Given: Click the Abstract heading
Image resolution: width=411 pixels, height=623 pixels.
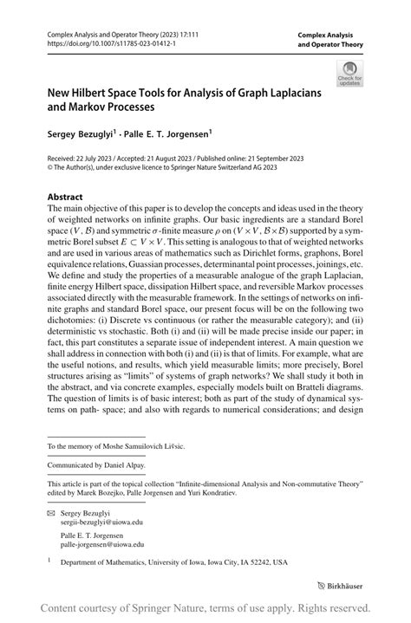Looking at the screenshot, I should click(68, 197).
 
